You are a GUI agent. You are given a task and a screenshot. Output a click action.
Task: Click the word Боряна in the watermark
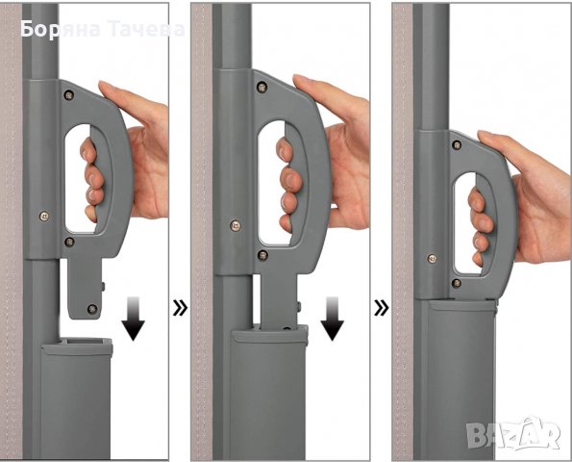pyautogui.click(x=61, y=30)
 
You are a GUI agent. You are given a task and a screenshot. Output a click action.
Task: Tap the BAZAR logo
pyautogui.click(x=514, y=435)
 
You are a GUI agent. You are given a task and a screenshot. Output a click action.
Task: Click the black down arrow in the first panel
pyautogui.click(x=134, y=319)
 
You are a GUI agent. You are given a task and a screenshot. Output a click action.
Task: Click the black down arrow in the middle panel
pyautogui.click(x=332, y=319)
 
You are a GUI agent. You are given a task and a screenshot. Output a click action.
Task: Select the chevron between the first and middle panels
pyautogui.click(x=180, y=308)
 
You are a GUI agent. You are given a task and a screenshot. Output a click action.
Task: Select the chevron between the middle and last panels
pyautogui.click(x=382, y=308)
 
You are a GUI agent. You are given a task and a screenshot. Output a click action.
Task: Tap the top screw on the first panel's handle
pyautogui.click(x=68, y=95)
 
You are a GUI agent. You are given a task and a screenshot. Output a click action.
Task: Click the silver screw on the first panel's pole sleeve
pyautogui.click(x=44, y=217)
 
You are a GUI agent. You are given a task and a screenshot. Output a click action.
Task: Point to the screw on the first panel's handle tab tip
pyautogui.click(x=92, y=309)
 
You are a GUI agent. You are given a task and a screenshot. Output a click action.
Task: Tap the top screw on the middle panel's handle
pyautogui.click(x=261, y=87)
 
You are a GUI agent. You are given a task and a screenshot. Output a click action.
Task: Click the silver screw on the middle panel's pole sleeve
pyautogui.click(x=236, y=225)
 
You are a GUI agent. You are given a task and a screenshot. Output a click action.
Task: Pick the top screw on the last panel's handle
pyautogui.click(x=457, y=145)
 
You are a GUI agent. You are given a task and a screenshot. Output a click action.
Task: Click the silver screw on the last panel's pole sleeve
pyautogui.click(x=432, y=259)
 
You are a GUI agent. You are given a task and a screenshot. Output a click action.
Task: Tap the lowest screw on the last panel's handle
pyautogui.click(x=456, y=283)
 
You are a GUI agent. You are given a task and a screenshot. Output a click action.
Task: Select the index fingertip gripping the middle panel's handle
pyautogui.click(x=285, y=149)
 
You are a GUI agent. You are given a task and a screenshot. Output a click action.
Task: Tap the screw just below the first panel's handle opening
pyautogui.click(x=69, y=242)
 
